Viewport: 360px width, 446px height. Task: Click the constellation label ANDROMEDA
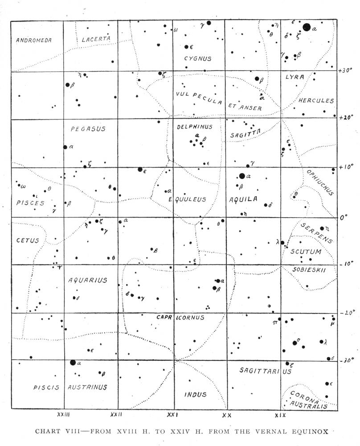coord(34,40)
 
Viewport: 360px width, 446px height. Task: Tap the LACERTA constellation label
coord(96,39)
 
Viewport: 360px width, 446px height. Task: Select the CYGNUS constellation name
coord(198,58)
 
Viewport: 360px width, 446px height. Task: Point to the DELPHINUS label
coord(195,127)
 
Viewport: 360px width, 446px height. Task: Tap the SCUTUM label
coord(303,252)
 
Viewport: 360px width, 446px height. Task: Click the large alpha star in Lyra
coord(307,27)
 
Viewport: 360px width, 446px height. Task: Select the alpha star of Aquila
coord(242,176)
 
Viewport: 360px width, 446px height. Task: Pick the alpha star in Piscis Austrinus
coord(73,363)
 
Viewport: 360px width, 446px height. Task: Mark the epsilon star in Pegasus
coord(140,169)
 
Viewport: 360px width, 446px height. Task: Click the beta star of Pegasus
coord(68,85)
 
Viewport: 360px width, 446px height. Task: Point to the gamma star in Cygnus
coord(209,23)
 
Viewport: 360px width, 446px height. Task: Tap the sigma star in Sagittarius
coord(295,343)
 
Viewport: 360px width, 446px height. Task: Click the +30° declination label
coord(346,71)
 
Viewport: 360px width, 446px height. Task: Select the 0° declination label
coord(343,218)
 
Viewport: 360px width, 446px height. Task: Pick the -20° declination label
coord(346,313)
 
